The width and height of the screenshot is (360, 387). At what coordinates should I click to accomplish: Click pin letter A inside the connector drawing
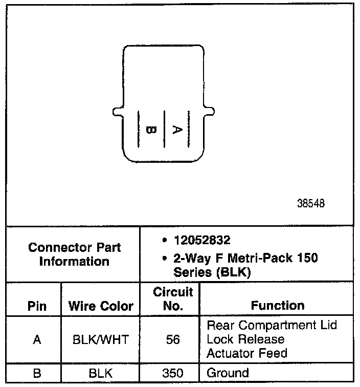coord(176,130)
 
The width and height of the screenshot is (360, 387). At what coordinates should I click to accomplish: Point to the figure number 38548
coord(310,203)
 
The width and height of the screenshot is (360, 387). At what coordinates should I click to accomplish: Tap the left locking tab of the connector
coord(117,111)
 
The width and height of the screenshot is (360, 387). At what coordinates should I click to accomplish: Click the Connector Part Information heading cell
coord(75,254)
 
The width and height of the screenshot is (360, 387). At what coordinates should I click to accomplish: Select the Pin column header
coord(37,306)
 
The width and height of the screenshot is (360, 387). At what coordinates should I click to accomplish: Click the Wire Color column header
coord(101,306)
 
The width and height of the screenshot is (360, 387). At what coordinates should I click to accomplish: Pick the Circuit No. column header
coord(173,299)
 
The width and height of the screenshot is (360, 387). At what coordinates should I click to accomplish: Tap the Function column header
coord(278,306)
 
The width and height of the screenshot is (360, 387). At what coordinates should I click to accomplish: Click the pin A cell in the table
coord(37,339)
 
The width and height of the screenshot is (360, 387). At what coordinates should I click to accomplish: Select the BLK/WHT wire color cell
coord(101,339)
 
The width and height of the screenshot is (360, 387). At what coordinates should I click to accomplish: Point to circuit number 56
coord(173,339)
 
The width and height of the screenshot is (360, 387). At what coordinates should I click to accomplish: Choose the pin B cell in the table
coord(37,373)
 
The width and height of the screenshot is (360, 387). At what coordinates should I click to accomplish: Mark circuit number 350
coord(173,373)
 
